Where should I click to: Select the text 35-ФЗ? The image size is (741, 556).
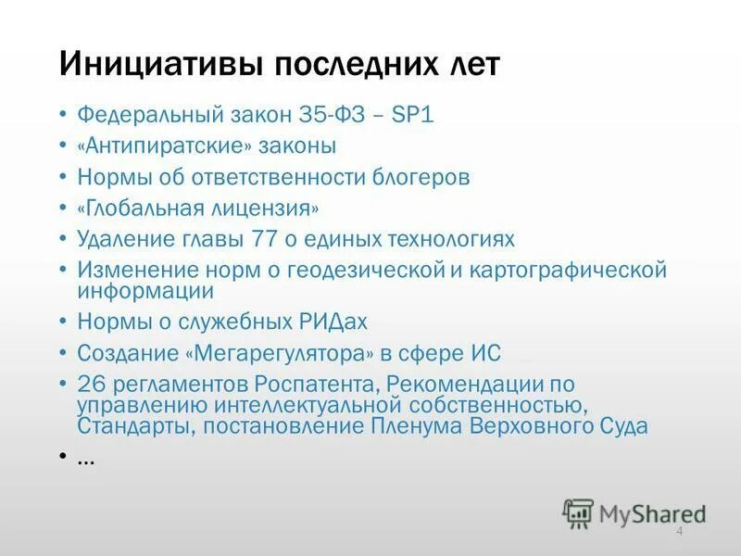[331, 116]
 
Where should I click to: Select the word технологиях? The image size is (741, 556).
[450, 238]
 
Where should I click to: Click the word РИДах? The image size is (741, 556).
[333, 322]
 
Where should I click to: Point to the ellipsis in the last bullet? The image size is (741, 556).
[86, 459]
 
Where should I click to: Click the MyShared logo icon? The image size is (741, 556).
[578, 512]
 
